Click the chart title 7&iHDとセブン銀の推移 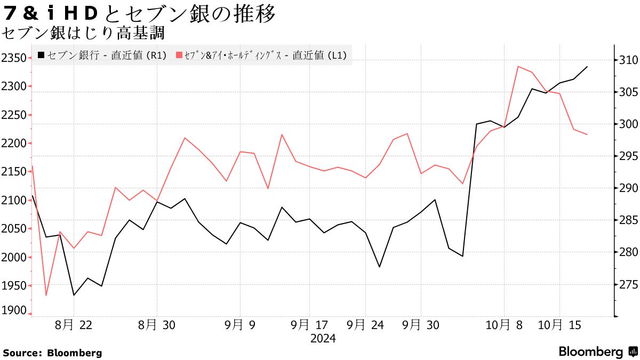click(x=140, y=14)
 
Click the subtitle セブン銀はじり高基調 click(x=83, y=34)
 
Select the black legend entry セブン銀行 click(x=101, y=55)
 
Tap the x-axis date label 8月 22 click(x=74, y=325)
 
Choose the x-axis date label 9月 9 click(x=240, y=325)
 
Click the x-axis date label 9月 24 click(x=365, y=325)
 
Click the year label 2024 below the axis click(x=323, y=339)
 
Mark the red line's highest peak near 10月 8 click(x=518, y=66)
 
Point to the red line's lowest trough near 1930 click(x=46, y=295)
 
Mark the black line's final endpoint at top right click(x=587, y=67)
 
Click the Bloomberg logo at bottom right click(x=597, y=351)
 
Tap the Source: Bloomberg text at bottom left click(x=52, y=353)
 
